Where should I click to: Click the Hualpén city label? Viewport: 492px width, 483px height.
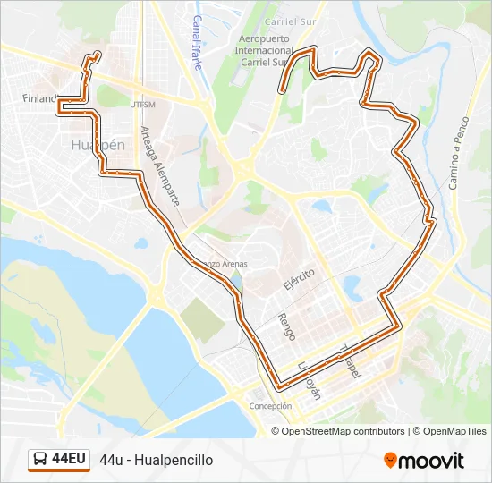pos(97,144)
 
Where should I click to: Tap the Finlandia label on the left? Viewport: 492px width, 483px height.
pos(39,99)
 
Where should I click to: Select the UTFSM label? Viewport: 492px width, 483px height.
pos(142,104)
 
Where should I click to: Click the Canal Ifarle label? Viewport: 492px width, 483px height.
pos(198,42)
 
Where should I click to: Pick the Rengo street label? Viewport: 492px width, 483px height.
pos(286,326)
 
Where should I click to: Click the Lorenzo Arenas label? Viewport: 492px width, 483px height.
pos(223,264)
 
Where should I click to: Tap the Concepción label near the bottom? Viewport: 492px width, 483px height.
pos(270,406)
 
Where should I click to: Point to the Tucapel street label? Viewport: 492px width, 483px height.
pos(349,360)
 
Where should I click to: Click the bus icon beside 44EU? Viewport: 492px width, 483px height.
pos(41,460)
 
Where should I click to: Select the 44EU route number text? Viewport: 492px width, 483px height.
pos(69,460)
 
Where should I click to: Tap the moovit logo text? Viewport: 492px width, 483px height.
pos(431,461)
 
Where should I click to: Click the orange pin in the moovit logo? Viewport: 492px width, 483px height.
pos(390,460)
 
